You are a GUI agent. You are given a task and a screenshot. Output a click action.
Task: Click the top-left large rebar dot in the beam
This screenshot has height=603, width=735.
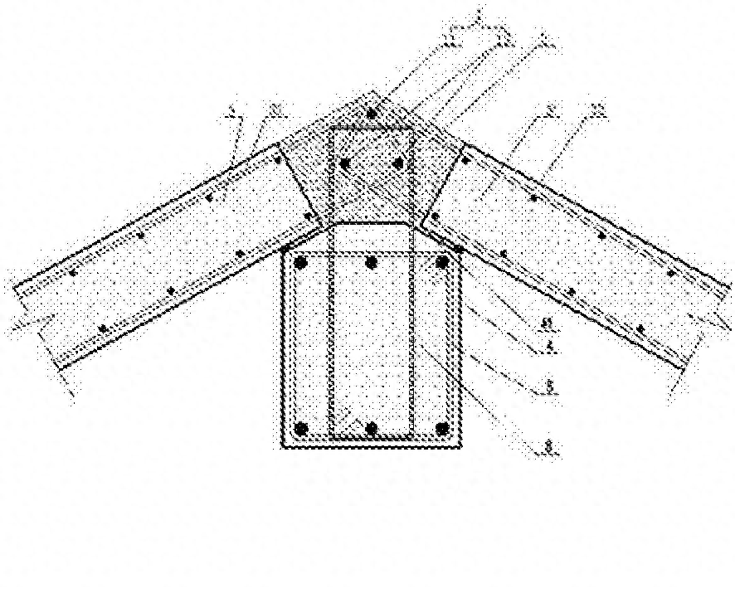coord(301,263)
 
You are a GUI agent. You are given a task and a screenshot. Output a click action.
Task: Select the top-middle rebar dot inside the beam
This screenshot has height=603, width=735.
coord(371,263)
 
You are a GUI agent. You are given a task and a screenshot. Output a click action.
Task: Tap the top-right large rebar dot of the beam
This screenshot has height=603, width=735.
coord(441,263)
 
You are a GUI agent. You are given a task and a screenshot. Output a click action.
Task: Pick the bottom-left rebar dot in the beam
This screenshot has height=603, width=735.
coord(302,429)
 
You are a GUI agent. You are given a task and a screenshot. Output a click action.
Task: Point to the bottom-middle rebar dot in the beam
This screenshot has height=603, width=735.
coord(372,429)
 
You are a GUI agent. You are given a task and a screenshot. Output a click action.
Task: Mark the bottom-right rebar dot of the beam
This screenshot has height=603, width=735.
coord(441,429)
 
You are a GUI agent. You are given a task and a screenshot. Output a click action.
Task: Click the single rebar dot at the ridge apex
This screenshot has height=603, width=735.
coord(372,111)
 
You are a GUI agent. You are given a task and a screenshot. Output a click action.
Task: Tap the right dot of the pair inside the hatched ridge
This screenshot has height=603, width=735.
coord(399,163)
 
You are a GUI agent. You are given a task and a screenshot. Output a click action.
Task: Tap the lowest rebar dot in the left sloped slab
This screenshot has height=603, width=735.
coord(103,328)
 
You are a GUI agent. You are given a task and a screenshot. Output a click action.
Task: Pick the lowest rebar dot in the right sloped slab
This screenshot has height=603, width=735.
coord(640,328)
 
